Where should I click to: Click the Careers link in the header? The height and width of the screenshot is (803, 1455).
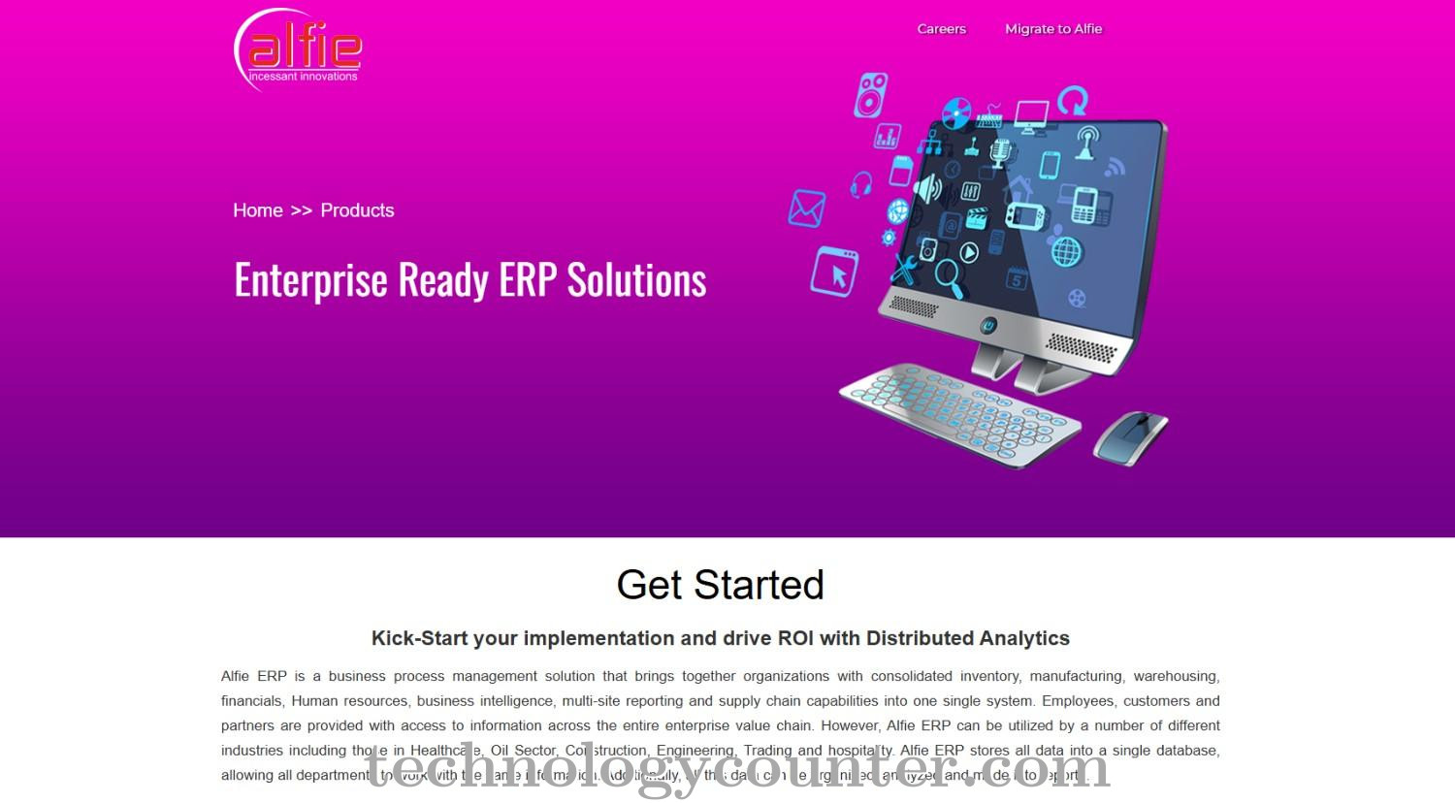coord(941,29)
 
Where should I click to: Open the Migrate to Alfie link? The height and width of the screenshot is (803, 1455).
coord(1052,29)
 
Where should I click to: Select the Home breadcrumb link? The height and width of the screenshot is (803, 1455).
coord(258,210)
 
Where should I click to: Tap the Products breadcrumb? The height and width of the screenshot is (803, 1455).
coord(357,210)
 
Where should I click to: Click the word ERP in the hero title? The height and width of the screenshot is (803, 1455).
coord(529,280)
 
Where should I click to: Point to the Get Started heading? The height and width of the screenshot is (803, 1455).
coord(720,585)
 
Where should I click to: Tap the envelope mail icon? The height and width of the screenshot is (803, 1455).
coord(806,209)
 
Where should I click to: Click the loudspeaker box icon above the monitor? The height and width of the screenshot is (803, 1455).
coord(870,95)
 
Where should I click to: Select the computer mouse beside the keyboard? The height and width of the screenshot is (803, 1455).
coord(1130,435)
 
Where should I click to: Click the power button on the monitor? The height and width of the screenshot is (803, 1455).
coord(987,326)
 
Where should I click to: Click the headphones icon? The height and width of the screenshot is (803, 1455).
coord(860,184)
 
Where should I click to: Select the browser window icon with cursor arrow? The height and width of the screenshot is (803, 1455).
coord(834,271)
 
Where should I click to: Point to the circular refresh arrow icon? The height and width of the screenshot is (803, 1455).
coord(1073,100)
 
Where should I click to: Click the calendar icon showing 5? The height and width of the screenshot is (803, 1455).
coord(1016,278)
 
